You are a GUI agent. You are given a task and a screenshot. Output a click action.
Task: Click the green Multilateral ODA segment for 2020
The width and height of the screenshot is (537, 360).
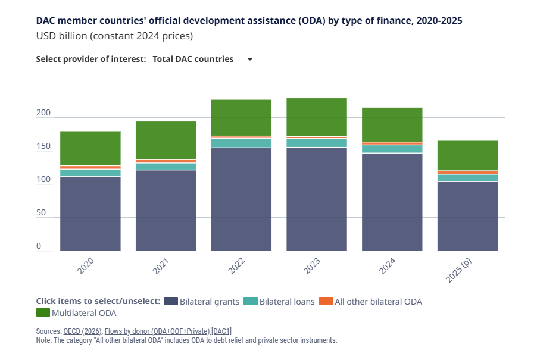coord(90,148)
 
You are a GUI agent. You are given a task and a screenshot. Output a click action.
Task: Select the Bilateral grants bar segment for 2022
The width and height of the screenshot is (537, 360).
coord(241,199)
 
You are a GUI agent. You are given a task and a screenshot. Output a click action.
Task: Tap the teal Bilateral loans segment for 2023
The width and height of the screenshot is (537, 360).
coord(317,143)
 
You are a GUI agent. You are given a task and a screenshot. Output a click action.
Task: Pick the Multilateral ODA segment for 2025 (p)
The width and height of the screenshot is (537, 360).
coord(467,155)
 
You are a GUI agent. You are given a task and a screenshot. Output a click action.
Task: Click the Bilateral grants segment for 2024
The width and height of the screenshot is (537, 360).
coord(392,202)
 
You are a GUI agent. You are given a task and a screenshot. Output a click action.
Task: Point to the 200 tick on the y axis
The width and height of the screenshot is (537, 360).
coord(43,113)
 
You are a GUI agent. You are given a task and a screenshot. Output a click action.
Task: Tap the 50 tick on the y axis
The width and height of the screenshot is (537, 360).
coord(41,212)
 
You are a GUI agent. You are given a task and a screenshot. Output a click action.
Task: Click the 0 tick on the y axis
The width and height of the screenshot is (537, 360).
coord(39,246)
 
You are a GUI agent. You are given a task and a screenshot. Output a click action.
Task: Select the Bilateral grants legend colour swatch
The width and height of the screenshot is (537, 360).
coord(170,301)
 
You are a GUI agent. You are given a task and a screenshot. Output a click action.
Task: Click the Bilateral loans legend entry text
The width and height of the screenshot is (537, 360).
coord(287,302)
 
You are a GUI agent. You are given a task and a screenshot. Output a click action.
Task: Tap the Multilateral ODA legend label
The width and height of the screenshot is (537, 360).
coord(84,312)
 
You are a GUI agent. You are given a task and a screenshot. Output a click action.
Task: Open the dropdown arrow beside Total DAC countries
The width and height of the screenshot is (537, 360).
coord(250,59)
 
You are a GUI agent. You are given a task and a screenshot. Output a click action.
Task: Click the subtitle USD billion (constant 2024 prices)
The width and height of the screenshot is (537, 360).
coord(114,36)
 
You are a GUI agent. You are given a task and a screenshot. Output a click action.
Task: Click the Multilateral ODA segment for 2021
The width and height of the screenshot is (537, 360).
coord(166,140)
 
